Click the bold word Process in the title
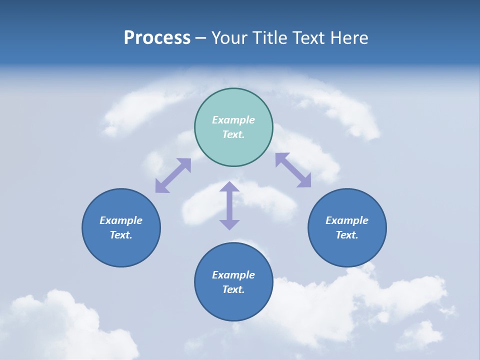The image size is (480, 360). (157, 38)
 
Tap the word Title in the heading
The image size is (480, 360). (271, 38)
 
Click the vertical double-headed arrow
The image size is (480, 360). (229, 206)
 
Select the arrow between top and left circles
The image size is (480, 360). (173, 175)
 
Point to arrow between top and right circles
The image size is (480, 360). (293, 170)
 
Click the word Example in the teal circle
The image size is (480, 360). (233, 120)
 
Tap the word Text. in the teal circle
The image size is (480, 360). (233, 134)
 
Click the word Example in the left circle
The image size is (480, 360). (121, 220)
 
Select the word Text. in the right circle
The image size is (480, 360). (347, 235)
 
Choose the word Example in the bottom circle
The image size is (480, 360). (233, 275)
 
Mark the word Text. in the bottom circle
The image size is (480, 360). (233, 289)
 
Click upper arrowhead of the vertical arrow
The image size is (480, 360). (229, 187)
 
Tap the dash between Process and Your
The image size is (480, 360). (200, 38)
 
